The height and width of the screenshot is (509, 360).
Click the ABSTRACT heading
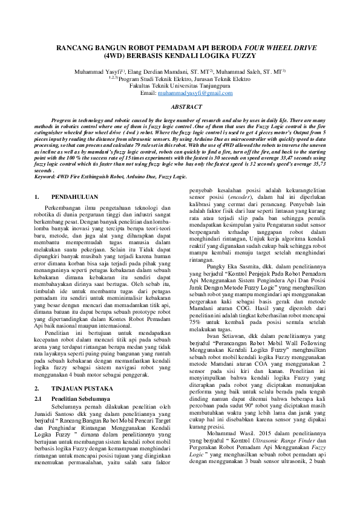coord(180,106)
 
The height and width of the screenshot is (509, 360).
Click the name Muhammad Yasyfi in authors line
coord(94,71)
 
